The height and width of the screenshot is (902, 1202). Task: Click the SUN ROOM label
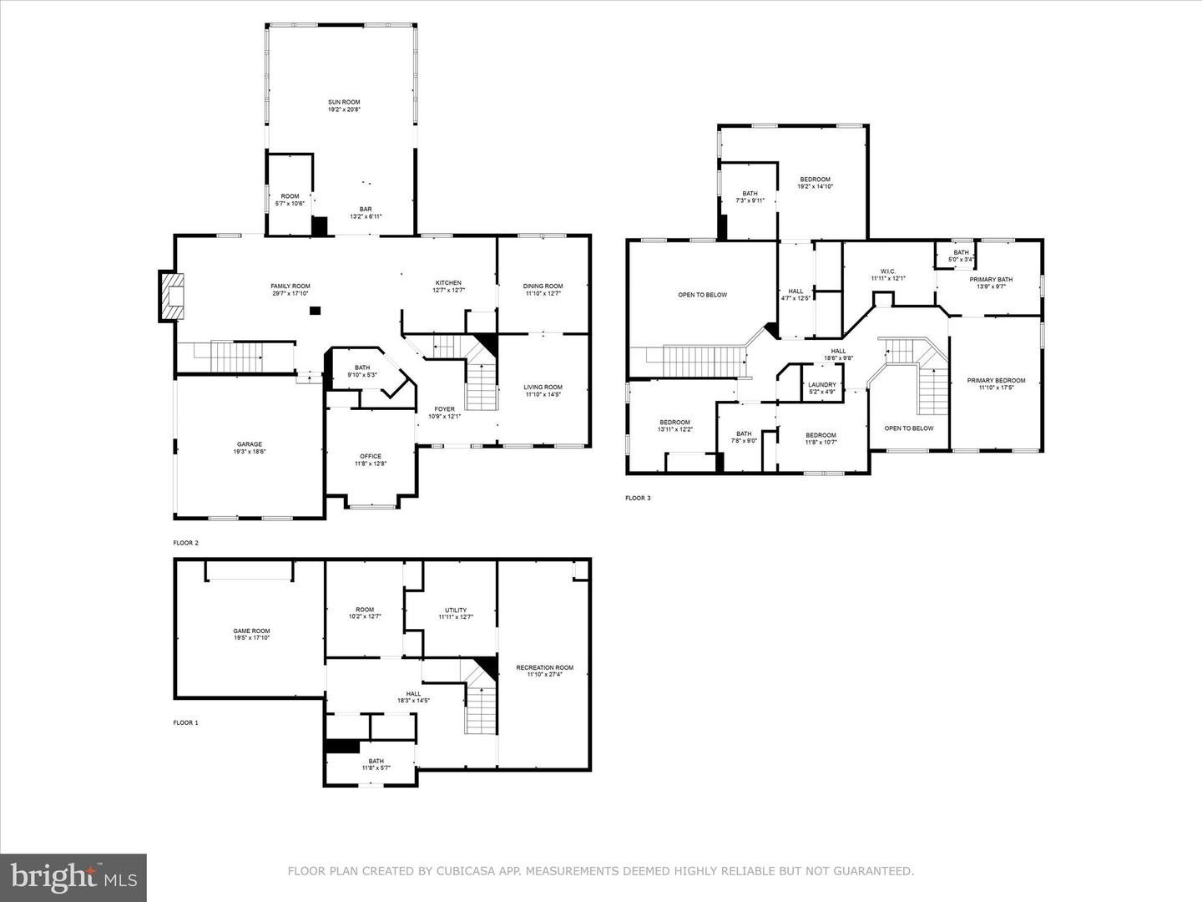pos(344,102)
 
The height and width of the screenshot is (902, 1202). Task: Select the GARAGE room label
pos(249,444)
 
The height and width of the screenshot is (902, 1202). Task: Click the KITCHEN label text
pos(448,283)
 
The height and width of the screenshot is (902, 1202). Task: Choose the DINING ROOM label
pos(543,286)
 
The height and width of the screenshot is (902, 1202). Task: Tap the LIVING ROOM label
pos(543,387)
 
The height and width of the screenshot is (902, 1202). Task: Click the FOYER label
pos(444,409)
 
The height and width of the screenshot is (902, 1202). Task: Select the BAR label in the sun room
pos(366,209)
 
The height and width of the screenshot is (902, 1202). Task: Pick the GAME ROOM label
pos(251,631)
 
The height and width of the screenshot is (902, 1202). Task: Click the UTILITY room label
pos(456,610)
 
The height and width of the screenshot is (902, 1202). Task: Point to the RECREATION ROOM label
pos(544,667)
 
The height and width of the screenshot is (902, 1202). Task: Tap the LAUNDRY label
pos(822,385)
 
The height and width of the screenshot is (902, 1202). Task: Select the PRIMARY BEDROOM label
pos(996,381)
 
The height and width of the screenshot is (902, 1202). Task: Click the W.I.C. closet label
pos(888,271)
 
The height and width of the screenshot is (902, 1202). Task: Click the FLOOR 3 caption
pos(638,499)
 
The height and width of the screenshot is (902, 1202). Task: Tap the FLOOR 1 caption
pos(185,722)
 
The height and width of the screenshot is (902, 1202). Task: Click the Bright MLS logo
pos(73,877)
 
